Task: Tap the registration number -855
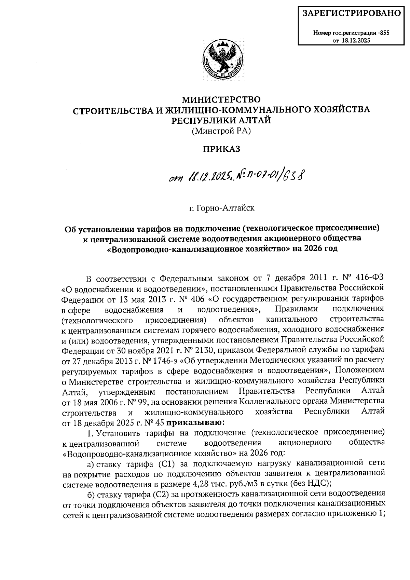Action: click(384, 33)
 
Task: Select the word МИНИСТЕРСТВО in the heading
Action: click(221, 99)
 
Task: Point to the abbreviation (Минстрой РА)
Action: click(221, 131)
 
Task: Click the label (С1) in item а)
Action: click(167, 463)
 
